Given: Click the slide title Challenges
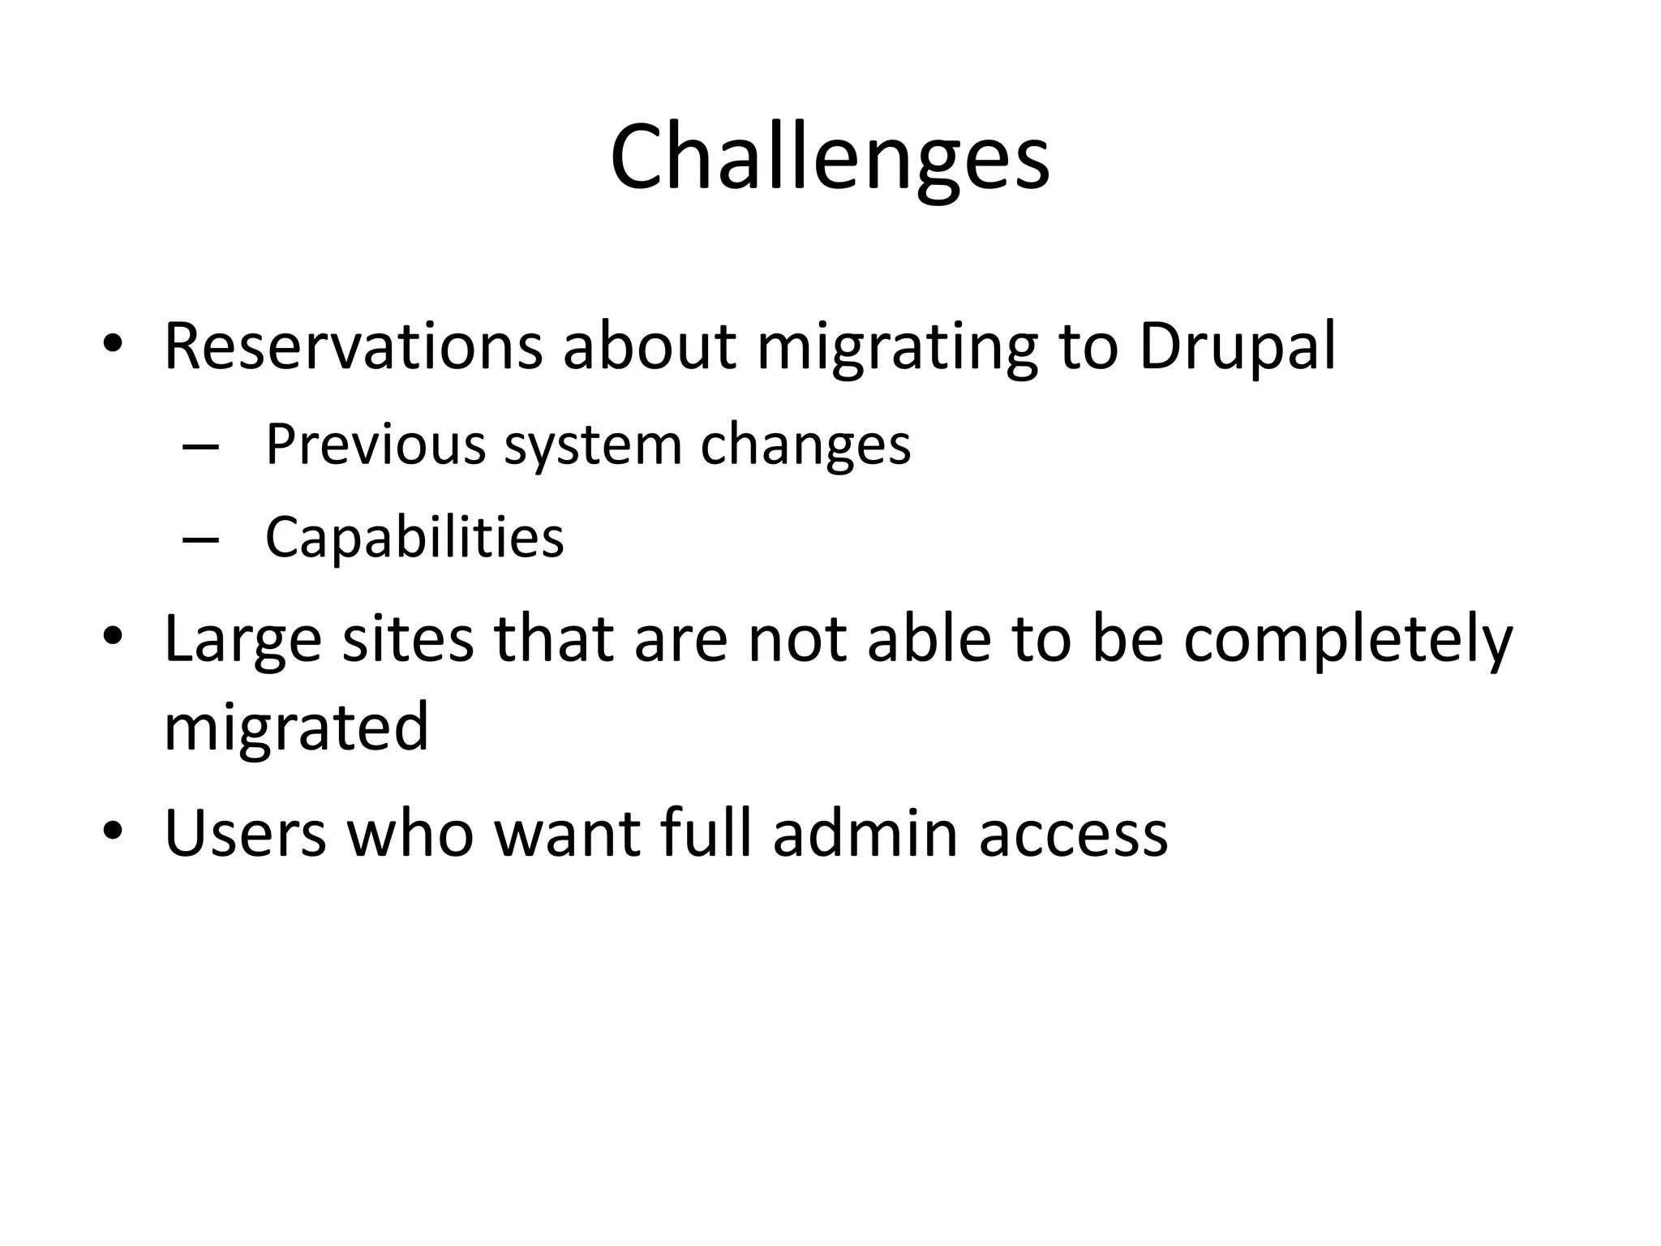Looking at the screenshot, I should (830, 158).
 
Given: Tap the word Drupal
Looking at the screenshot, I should (1237, 346).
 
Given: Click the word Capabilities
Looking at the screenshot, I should (414, 538).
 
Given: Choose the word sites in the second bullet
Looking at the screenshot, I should (408, 639).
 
